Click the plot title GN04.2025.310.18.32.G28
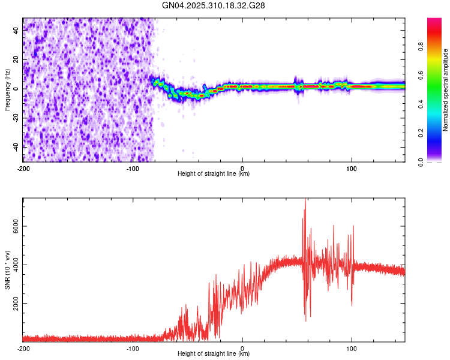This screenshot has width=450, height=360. [x=214, y=5]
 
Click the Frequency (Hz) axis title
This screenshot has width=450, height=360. [x=7, y=89]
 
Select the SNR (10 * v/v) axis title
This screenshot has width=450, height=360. [x=7, y=271]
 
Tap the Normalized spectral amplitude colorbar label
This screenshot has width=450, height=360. [x=445, y=90]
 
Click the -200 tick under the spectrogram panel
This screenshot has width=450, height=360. [x=23, y=167]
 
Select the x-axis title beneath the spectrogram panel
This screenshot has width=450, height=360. [x=214, y=174]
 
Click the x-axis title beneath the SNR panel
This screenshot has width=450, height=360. [x=214, y=355]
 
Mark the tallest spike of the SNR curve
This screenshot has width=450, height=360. [x=305, y=200]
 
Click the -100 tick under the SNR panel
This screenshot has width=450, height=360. [x=133, y=348]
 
